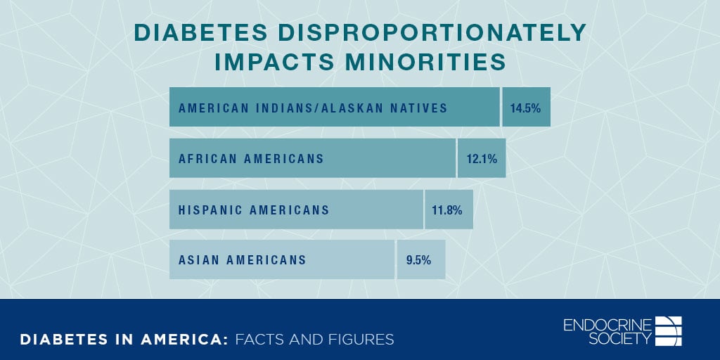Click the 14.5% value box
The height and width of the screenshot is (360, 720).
[x=526, y=108]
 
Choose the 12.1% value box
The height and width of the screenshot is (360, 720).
[x=482, y=158]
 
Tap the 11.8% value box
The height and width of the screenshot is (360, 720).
[x=449, y=210]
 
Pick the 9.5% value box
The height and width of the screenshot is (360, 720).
[x=420, y=259]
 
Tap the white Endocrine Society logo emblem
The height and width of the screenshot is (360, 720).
[x=669, y=331]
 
